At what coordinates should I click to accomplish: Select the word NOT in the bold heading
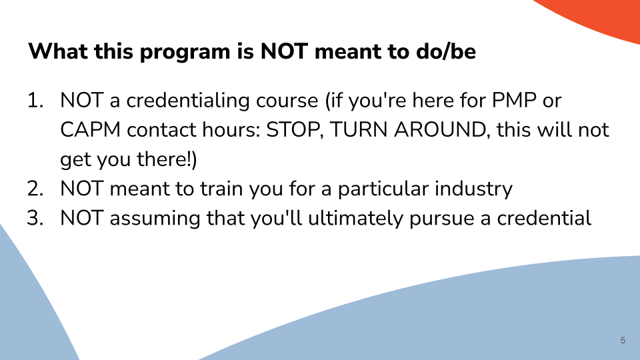[x=284, y=51]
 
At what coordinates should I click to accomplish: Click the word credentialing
[x=187, y=101]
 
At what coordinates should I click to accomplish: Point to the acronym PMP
[x=514, y=101]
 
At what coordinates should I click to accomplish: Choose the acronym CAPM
[x=90, y=130]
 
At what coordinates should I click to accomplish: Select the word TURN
[x=359, y=130]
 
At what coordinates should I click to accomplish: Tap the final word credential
[x=544, y=217]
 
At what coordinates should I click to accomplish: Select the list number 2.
[x=35, y=189]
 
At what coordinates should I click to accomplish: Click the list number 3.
[x=35, y=218]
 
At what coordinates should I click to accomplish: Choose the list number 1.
[x=35, y=101]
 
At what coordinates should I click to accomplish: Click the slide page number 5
[x=623, y=341]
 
